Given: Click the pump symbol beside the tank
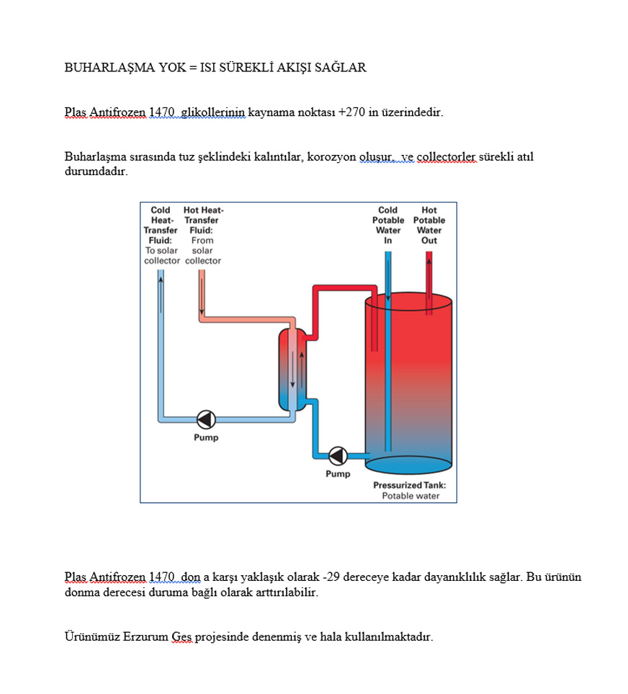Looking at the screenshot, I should (x=338, y=455).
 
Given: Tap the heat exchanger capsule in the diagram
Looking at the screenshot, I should (x=292, y=368).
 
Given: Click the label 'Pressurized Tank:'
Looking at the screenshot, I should (x=409, y=485).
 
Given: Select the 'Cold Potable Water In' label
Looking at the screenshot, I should (x=388, y=226).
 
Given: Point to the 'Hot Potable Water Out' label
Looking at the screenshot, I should (x=429, y=226).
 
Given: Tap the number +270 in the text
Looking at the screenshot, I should (x=351, y=112).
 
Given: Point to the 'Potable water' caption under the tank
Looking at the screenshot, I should (x=411, y=496).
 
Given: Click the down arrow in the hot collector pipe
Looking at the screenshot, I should (x=202, y=295).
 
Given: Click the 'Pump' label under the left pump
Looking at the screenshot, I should (x=206, y=437).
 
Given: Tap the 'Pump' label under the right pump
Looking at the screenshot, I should (x=338, y=473).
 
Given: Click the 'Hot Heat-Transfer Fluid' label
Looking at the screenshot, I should (x=202, y=236).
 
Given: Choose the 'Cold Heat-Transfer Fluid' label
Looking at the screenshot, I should (x=161, y=236).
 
